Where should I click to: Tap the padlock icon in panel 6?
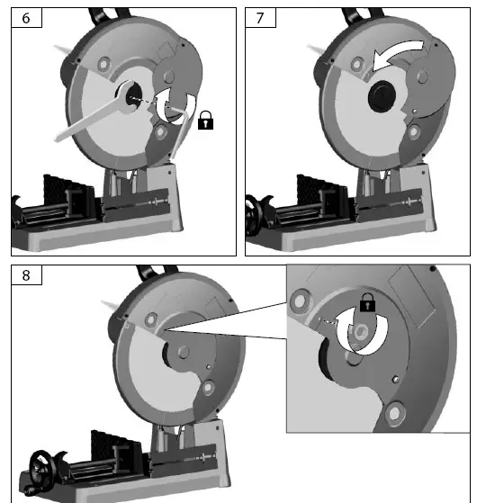[x=206, y=120]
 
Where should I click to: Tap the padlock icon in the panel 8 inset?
[x=366, y=304]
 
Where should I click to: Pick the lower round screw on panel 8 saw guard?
[x=210, y=388]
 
